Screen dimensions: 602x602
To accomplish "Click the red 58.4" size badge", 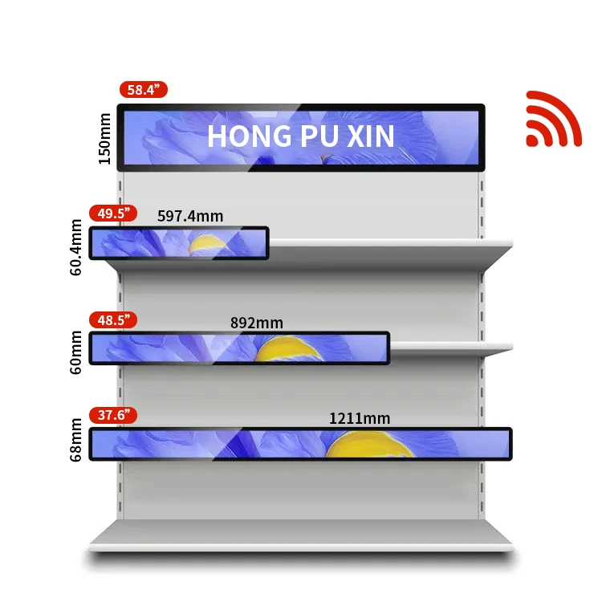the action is point(143,90).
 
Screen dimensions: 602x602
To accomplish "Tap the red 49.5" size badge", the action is point(112,214).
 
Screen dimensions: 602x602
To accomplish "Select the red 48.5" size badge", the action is point(112,319).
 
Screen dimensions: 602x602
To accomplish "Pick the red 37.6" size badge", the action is point(112,415).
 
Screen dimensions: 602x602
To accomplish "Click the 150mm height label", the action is point(104,137).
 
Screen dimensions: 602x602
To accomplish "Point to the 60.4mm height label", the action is point(77,247).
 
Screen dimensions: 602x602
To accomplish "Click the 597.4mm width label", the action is point(190,216).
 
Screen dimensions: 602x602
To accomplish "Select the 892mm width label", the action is point(257,323).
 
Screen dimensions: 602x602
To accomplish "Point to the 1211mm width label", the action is point(359,418).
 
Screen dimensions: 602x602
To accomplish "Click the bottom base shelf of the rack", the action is point(300,535).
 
